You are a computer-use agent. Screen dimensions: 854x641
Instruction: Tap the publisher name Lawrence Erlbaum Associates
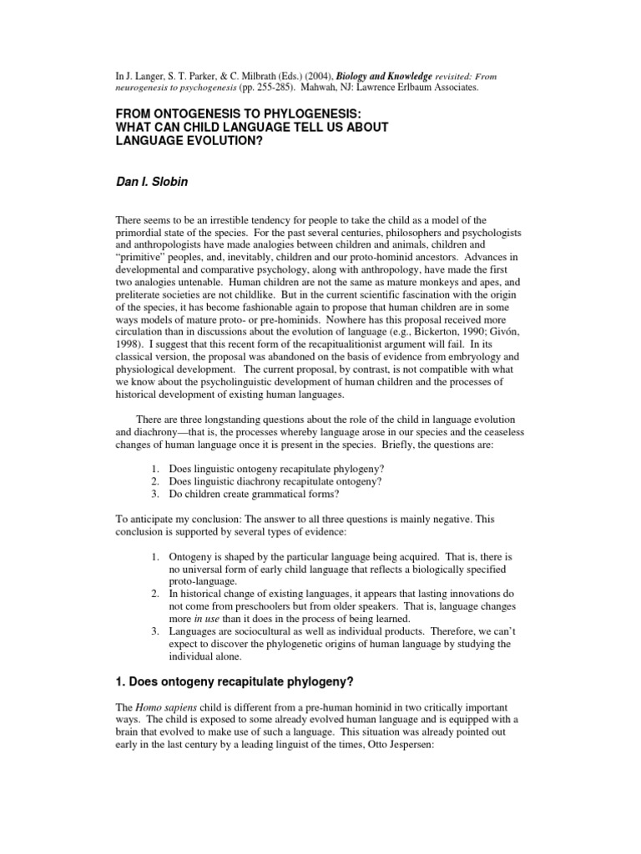click(x=409, y=86)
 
